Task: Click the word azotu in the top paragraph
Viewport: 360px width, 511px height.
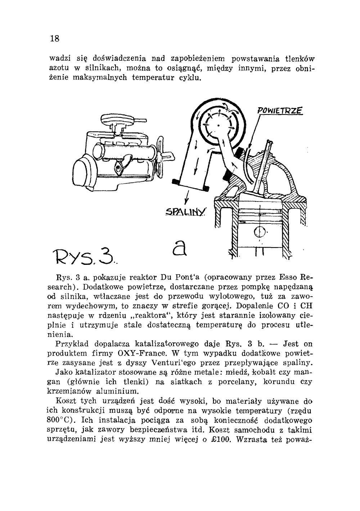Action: pyautogui.click(x=57, y=68)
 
